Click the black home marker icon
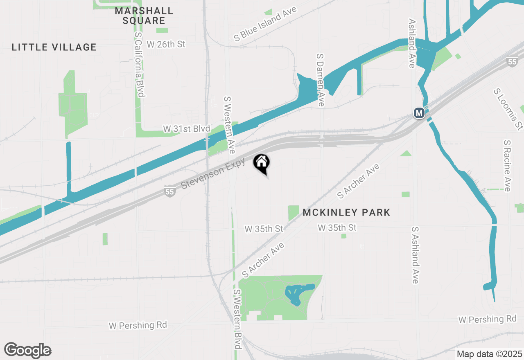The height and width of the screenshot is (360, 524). coord(261,163)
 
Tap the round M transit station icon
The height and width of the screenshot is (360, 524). coord(419,113)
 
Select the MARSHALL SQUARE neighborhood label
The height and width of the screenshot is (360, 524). coord(144,16)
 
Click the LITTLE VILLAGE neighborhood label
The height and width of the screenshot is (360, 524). coord(54,47)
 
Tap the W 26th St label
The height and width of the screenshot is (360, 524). coord(166,44)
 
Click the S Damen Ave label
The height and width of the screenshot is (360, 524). coord(321,79)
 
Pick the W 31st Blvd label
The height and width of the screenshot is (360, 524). coord(186,129)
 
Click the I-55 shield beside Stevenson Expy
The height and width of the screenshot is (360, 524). coord(170,191)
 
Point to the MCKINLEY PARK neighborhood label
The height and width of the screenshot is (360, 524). coord(346,212)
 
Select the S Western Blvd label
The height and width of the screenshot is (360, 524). coord(237,319)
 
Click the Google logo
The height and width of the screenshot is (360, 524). coord(28,351)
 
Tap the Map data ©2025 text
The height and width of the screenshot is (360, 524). coord(489,354)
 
